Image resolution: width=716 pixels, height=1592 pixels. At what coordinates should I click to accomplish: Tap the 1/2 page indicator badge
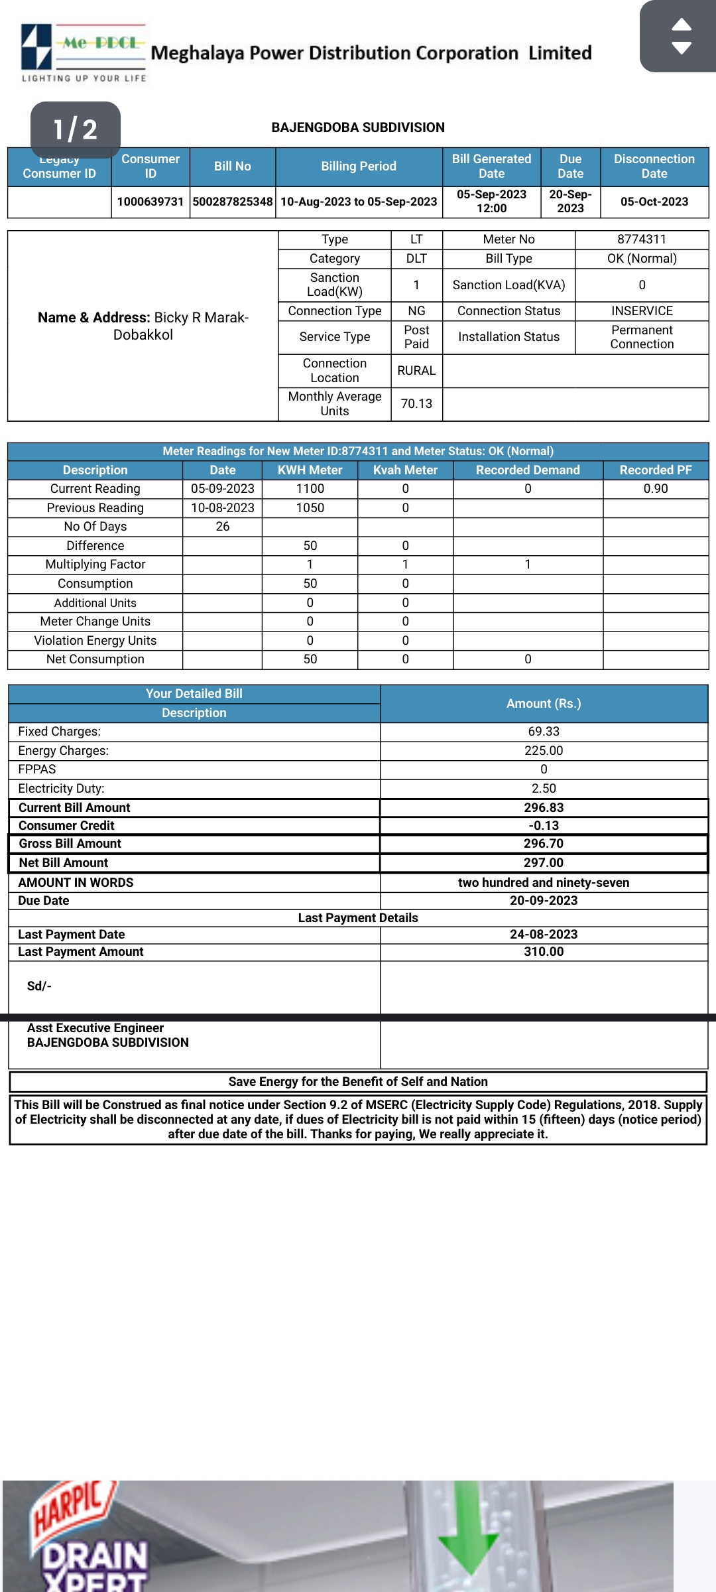pos(76,129)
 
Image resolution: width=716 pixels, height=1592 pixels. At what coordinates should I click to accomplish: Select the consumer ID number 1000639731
pos(150,202)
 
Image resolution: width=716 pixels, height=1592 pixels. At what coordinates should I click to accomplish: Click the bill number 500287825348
pos(233,202)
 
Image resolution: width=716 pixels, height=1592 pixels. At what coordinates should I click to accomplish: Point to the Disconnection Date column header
pos(654,166)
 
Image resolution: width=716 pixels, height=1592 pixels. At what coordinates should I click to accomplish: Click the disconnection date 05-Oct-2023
pos(654,202)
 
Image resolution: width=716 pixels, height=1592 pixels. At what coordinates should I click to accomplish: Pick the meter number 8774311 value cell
pos(641,239)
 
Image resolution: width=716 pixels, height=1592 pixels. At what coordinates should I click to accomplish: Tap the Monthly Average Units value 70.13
pos(416,404)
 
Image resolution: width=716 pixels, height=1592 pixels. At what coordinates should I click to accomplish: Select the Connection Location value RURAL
pos(416,371)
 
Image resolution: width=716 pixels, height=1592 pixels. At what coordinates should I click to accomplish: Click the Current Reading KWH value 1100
pos(310,489)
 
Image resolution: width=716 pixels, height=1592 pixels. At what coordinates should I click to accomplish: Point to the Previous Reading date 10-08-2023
pos(223,508)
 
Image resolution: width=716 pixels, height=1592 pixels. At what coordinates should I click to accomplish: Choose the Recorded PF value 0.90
pos(655,489)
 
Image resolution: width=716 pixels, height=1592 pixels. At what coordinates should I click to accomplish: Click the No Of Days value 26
pos(223,527)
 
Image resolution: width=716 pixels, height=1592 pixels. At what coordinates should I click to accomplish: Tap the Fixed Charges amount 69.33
pos(544,732)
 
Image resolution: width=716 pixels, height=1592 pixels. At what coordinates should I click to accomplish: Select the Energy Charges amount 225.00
pos(544,751)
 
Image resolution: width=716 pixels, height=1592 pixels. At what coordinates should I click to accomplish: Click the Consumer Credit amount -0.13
pos(544,826)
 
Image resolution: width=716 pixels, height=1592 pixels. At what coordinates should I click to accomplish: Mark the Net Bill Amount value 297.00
pos(544,863)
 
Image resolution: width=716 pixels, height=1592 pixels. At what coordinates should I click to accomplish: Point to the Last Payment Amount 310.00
pos(544,952)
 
